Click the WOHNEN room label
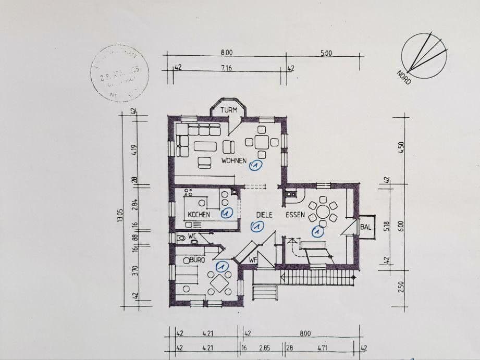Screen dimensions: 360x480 pos(233,160)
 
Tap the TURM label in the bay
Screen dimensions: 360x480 pos(229,110)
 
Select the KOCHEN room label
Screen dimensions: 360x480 pos(199,214)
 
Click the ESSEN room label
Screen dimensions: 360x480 pos(294,214)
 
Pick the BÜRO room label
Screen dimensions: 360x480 pos(196,259)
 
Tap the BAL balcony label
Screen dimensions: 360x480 pos(365,227)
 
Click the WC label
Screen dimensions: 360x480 pos(192,235)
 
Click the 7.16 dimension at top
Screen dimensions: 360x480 pos(226,68)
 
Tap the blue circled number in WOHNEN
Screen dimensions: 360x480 pos(255,166)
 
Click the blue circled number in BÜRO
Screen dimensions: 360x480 pos(221,266)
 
